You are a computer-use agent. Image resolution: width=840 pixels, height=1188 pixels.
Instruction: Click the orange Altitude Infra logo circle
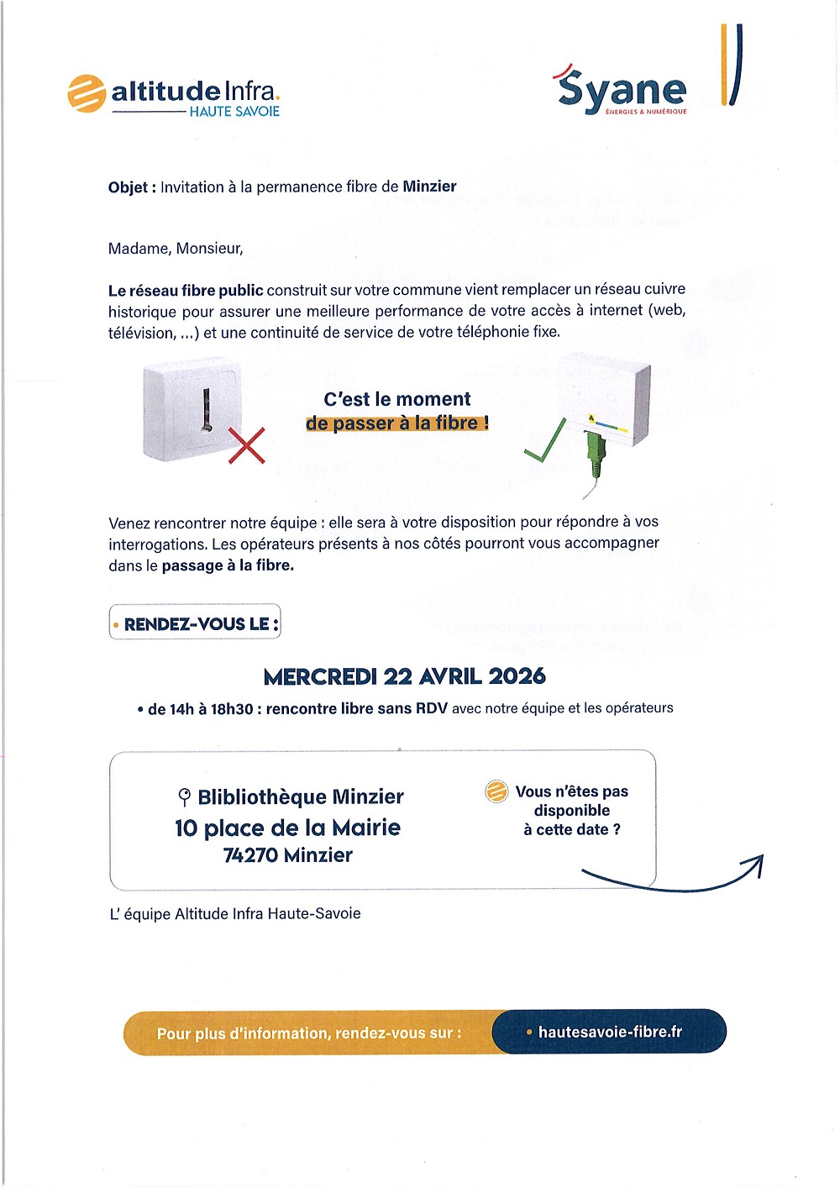pyautogui.click(x=86, y=93)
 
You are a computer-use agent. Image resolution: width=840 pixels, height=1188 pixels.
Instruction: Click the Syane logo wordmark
pyautogui.click(x=622, y=90)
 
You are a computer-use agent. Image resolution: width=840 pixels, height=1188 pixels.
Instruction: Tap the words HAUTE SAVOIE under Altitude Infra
pyautogui.click(x=234, y=112)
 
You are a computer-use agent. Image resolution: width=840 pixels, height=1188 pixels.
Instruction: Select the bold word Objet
pyautogui.click(x=128, y=187)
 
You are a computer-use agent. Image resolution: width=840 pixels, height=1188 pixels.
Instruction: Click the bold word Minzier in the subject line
pyautogui.click(x=429, y=187)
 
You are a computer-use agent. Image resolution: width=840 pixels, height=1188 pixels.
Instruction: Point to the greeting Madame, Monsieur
pyautogui.click(x=176, y=249)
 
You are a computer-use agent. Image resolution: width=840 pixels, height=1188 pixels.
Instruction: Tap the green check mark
pyautogui.click(x=544, y=442)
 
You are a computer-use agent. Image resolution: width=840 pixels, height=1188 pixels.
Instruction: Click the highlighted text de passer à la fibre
pyautogui.click(x=396, y=423)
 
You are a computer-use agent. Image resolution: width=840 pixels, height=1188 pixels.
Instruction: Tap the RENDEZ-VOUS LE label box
pyautogui.click(x=195, y=623)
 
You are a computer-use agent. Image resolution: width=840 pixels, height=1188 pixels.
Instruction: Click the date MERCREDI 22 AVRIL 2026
pyautogui.click(x=404, y=676)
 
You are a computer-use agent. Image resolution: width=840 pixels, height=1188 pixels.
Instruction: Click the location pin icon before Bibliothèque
pyautogui.click(x=185, y=797)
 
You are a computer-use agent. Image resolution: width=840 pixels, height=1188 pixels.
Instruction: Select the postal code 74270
pyautogui.click(x=250, y=855)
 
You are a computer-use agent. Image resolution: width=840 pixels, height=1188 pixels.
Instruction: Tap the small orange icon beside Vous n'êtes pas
pyautogui.click(x=496, y=791)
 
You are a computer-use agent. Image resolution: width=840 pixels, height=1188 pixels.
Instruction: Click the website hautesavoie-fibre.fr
pyautogui.click(x=610, y=1032)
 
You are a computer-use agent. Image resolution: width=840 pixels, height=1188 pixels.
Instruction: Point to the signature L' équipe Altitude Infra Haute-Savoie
pyautogui.click(x=235, y=914)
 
